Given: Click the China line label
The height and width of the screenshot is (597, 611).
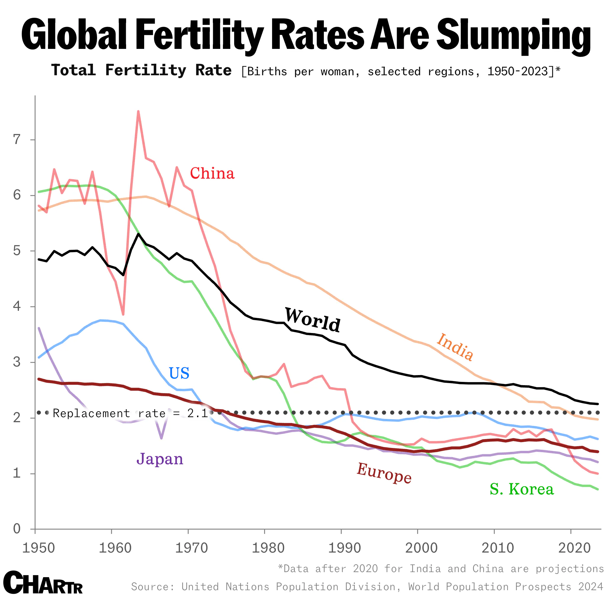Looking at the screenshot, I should [x=212, y=173].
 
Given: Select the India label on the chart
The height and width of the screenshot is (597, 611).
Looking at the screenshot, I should [x=455, y=347].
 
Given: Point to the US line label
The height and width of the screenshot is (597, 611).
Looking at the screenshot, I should [x=179, y=373].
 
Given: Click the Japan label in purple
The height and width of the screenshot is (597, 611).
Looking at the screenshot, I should [x=160, y=459].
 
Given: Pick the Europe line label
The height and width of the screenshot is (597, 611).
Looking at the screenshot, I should [x=384, y=473].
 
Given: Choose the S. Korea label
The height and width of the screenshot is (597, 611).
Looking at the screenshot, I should [x=521, y=489].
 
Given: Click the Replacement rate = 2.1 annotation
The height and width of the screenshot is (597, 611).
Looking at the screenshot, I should [x=130, y=413].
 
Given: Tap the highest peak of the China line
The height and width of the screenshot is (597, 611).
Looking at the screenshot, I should [x=138, y=112].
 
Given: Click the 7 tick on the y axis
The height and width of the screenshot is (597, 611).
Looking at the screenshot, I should [x=17, y=139].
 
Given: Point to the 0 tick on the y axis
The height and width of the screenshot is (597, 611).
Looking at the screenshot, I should [x=17, y=529].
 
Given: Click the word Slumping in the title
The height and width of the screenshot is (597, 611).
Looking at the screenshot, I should [x=514, y=35].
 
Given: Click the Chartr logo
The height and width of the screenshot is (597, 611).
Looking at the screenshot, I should [x=43, y=582].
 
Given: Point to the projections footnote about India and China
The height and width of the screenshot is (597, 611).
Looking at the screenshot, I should [x=440, y=569].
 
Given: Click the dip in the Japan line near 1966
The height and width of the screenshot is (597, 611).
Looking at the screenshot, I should [x=161, y=438].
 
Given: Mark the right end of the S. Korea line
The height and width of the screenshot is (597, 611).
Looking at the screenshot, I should [x=598, y=489].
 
